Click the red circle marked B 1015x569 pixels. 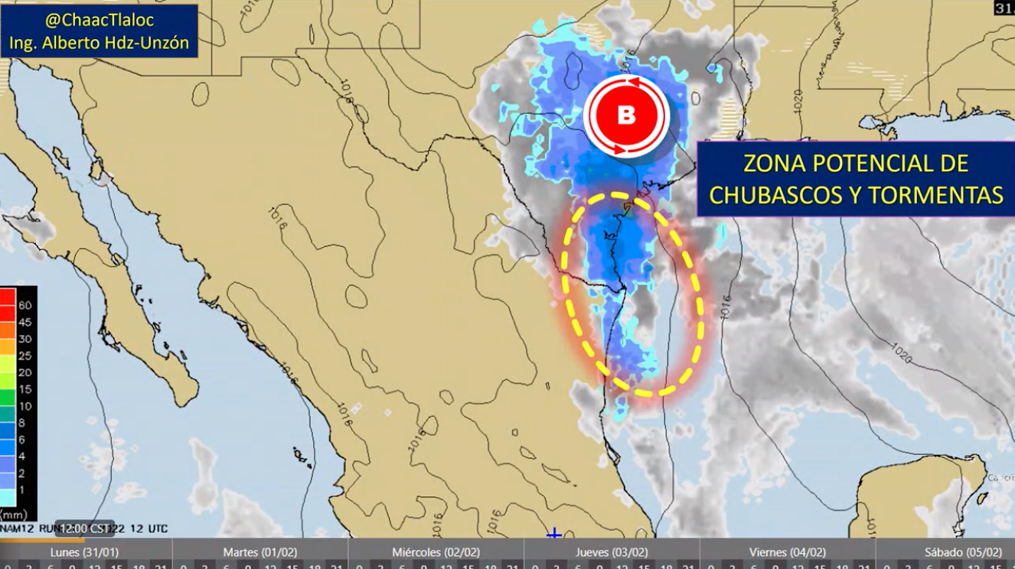point(626,116)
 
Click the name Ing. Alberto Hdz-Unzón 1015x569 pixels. point(100,43)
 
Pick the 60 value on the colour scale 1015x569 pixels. point(24,305)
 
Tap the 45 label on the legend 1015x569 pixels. point(24,322)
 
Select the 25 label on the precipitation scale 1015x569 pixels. point(24,356)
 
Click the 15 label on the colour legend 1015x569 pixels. point(24,389)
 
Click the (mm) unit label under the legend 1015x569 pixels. point(15,514)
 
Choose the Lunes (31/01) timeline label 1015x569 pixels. point(84,552)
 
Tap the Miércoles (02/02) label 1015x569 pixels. point(436,552)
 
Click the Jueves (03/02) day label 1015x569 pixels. point(612,552)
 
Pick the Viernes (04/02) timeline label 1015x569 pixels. point(788,552)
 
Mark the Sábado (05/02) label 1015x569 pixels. point(962,552)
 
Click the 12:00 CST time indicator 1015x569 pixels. point(86,528)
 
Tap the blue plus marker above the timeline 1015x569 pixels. point(554,533)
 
